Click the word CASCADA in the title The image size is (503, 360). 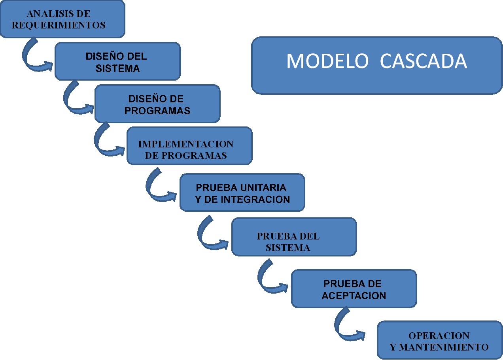(423, 61)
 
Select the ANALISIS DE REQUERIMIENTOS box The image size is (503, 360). (62, 19)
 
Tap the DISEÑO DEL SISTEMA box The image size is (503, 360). (117, 61)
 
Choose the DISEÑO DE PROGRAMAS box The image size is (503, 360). (157, 104)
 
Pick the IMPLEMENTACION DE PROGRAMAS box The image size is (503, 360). (189, 145)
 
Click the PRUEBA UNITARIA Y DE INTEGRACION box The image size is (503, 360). (242, 192)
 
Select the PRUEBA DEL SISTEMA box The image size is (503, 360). (294, 237)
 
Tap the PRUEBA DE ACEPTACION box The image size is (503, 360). (354, 288)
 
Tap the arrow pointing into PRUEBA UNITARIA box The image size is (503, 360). (156, 187)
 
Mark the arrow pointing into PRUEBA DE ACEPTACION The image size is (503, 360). (268, 281)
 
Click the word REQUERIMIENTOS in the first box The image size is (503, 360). (59, 25)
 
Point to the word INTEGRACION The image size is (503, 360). (255, 199)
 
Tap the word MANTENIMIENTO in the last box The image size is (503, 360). (445, 347)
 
